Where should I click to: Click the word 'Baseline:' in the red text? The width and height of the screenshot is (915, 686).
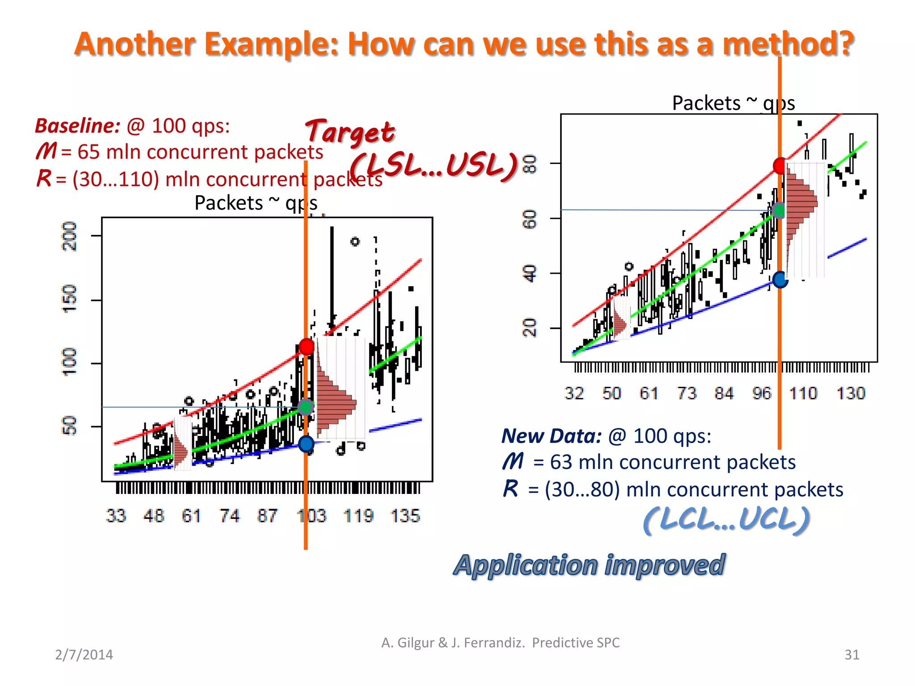point(78,126)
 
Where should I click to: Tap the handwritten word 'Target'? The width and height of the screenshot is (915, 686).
point(350,132)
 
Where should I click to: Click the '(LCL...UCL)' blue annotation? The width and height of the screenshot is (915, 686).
point(726,520)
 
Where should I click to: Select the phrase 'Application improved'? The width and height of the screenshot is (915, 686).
point(589,565)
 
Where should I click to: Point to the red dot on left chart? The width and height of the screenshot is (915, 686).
point(306,347)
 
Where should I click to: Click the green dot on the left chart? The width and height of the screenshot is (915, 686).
point(306,407)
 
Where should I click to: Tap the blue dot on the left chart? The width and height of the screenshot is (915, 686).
point(306,444)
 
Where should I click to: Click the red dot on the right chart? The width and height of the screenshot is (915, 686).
point(780,166)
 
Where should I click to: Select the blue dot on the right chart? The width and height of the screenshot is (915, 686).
point(780,280)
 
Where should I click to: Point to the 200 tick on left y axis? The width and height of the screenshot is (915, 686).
point(69,236)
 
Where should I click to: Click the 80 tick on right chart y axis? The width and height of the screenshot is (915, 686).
point(529,163)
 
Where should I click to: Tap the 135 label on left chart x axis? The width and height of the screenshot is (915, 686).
point(405,516)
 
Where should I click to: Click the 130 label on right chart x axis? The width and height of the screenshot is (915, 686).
point(851,393)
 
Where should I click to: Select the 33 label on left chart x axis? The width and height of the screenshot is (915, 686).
point(116,516)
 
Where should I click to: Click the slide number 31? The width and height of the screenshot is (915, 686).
point(852,655)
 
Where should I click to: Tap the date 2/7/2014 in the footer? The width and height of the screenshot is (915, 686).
point(84,655)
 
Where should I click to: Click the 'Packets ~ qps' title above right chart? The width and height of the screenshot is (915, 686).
point(733,104)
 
